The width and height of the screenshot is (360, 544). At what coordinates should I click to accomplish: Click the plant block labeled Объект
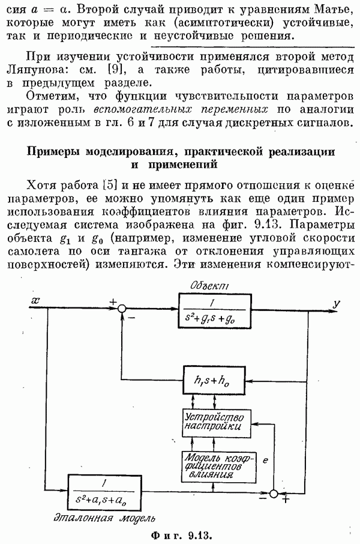(x=215, y=311)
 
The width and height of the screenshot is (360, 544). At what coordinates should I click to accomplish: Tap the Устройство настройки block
(x=217, y=423)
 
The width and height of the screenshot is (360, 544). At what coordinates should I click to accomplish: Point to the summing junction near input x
(x=121, y=309)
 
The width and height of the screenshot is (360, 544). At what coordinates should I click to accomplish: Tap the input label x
(x=35, y=300)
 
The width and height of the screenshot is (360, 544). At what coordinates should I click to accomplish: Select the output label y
(x=336, y=304)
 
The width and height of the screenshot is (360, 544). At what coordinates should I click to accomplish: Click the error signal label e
(x=265, y=461)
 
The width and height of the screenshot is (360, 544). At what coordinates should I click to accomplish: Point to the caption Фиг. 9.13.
(x=181, y=535)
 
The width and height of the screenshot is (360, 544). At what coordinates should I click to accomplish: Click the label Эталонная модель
(x=104, y=518)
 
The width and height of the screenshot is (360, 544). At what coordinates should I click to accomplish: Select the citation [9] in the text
(x=115, y=70)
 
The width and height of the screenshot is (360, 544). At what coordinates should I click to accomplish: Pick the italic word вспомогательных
(x=143, y=110)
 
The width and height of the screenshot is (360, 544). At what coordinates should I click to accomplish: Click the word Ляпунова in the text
(x=35, y=70)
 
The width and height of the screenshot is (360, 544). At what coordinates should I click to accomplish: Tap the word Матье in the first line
(x=334, y=10)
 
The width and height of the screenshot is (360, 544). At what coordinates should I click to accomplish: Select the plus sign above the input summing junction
(x=113, y=302)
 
